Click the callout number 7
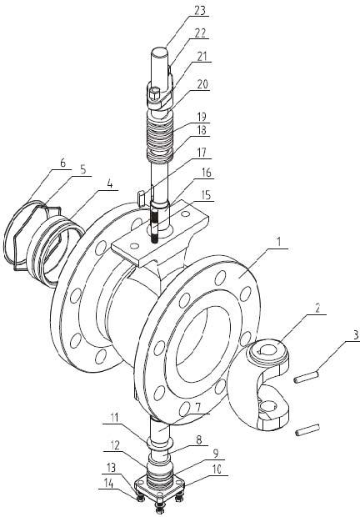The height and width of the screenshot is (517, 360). coord(197,410)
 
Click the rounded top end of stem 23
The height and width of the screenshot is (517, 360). coord(159,52)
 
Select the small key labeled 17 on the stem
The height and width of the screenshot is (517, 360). coord(141,198)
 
